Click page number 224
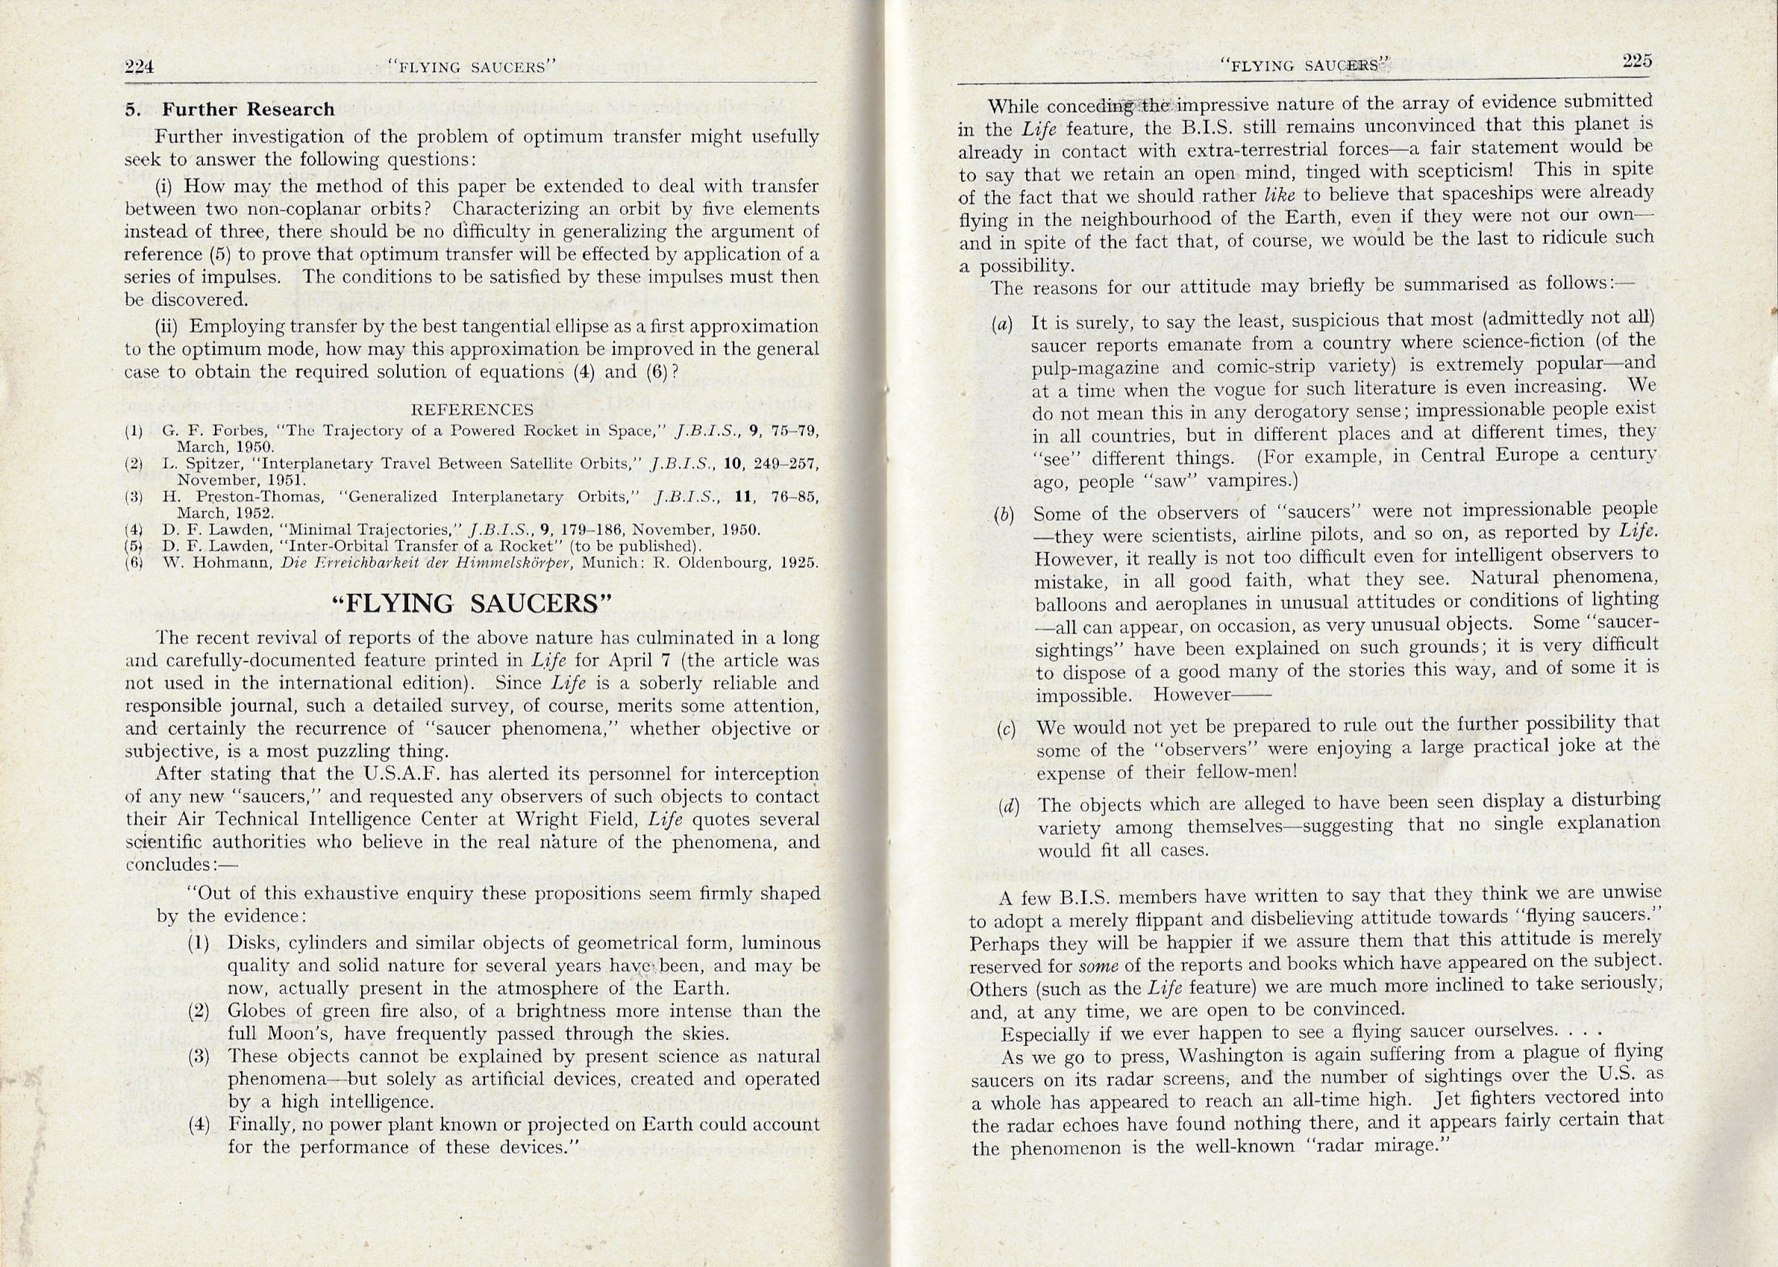point(140,67)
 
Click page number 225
point(1636,62)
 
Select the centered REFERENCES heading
point(472,410)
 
